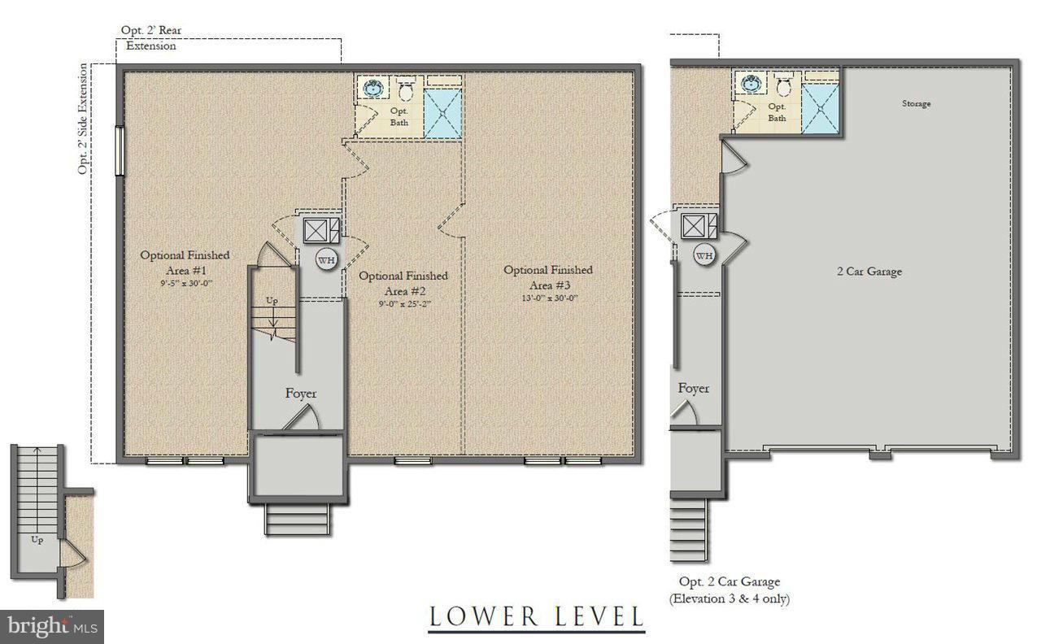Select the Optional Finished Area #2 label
coord(403,283)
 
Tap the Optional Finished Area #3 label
coord(547,276)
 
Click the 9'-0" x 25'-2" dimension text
coord(403,304)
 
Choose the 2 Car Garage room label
coord(869,272)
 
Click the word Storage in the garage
coord(916,104)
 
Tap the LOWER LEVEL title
coord(536,616)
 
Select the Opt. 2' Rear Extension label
coord(150,38)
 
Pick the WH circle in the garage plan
coord(704,255)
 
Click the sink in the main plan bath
coord(375,88)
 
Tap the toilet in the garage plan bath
coord(783,86)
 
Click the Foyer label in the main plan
coord(301,394)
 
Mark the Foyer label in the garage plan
coord(694,389)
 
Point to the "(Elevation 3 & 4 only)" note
coord(730,599)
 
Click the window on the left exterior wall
coord(120,151)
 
